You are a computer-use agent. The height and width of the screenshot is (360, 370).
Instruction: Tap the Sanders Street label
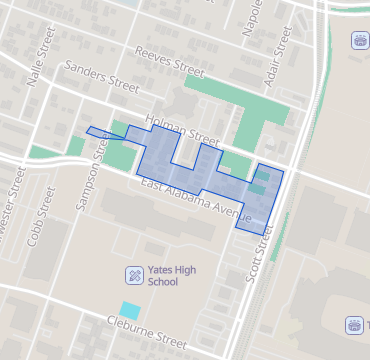pyautogui.click(x=100, y=79)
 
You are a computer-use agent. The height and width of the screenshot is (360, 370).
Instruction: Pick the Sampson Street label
pyautogui.click(x=89, y=176)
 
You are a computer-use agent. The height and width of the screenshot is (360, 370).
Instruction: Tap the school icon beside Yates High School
pyautogui.click(x=135, y=275)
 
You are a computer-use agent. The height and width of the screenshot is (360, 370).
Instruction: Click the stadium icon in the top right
pyautogui.click(x=358, y=41)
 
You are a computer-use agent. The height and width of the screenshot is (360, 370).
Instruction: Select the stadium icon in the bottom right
pyautogui.click(x=353, y=325)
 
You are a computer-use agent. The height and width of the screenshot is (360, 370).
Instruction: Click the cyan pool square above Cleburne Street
pyautogui.click(x=130, y=310)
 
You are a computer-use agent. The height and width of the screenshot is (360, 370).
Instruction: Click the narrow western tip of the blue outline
pyautogui.click(x=90, y=130)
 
